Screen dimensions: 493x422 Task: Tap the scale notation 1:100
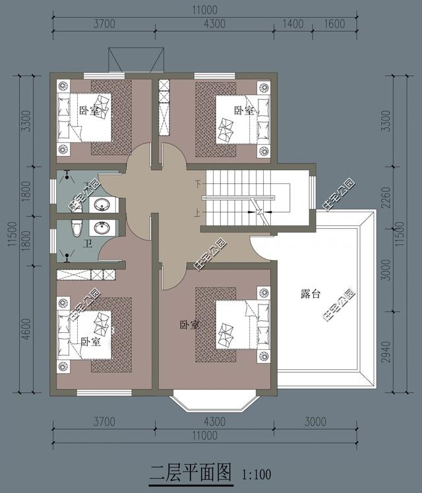pos(256,474)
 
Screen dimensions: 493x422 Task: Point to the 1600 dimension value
pos(335,24)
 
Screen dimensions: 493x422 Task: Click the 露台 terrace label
pos(311,295)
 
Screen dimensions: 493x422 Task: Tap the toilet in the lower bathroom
pos(76,228)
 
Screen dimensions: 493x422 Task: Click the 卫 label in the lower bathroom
pos(87,244)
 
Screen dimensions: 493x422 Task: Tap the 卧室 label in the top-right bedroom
pos(243,110)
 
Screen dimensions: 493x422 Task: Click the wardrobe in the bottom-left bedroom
pos(90,275)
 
